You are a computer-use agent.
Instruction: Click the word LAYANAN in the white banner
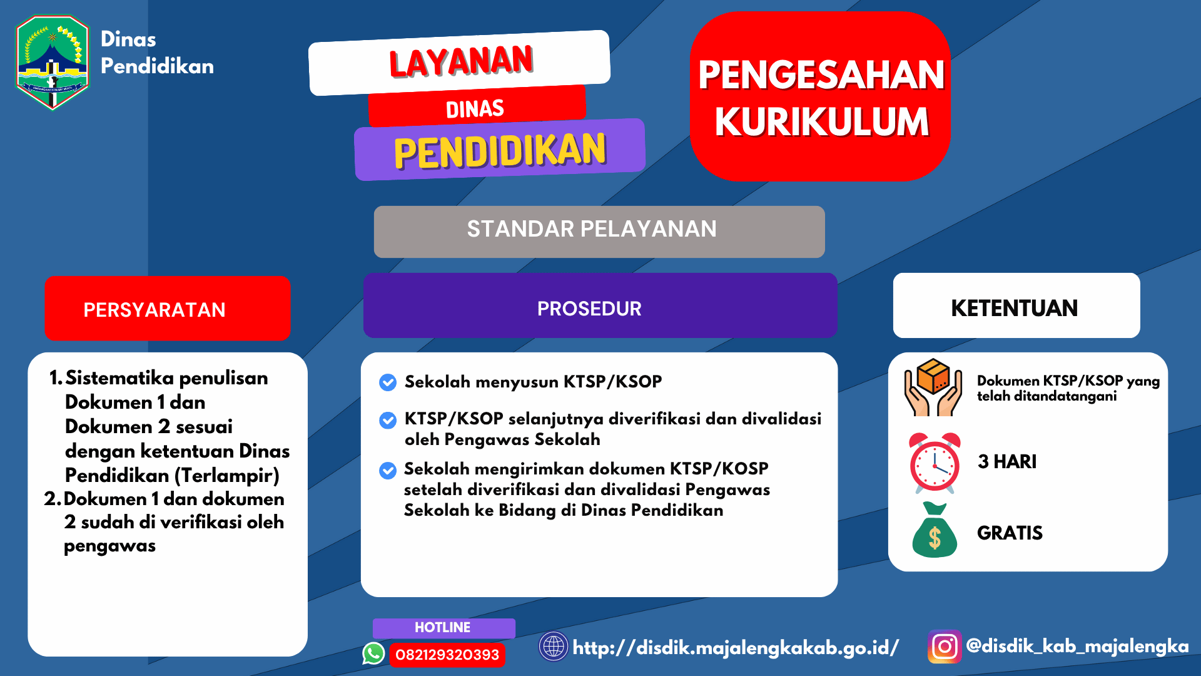[x=461, y=61]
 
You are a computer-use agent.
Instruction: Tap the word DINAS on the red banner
[x=475, y=109]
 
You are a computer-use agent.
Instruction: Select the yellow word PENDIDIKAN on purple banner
[x=500, y=151]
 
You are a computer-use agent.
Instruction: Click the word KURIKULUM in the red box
[x=821, y=121]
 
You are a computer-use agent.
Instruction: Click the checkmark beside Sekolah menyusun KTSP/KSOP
[x=388, y=382]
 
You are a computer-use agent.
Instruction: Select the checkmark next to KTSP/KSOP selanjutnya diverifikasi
[x=388, y=420]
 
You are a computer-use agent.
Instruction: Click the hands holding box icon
[x=933, y=387]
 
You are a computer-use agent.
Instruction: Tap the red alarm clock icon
[x=935, y=463]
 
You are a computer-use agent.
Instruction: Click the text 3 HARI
[x=1006, y=462]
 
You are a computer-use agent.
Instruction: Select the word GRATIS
[x=1010, y=533]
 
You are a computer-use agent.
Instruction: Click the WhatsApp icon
[x=373, y=653]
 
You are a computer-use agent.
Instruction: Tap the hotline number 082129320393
[x=447, y=655]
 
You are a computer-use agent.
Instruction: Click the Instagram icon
[x=944, y=647]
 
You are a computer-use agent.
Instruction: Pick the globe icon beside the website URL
[x=554, y=647]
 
